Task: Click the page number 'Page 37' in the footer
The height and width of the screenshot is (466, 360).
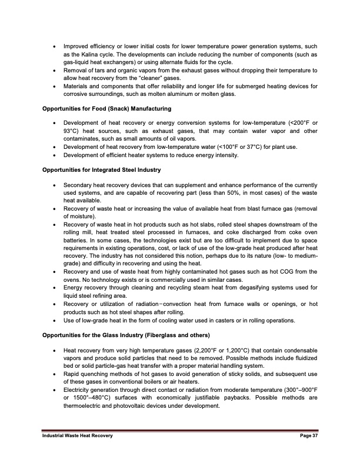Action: point(305,435)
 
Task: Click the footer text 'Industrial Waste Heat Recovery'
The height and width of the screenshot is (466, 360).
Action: point(76,435)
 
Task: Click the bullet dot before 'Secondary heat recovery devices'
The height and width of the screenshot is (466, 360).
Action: point(55,185)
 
